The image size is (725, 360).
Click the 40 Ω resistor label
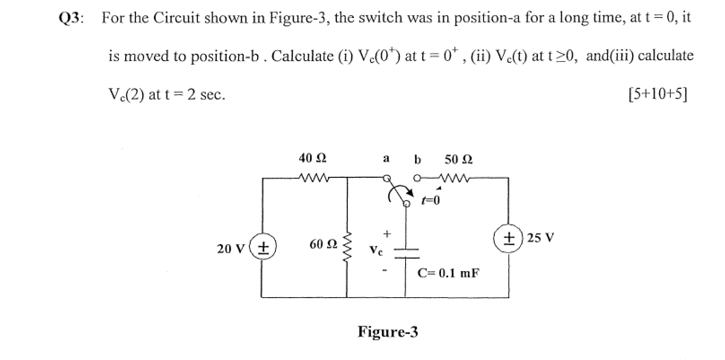point(312,158)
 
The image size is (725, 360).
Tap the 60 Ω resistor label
point(323,245)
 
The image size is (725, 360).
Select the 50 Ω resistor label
point(458,159)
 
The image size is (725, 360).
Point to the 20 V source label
point(231,248)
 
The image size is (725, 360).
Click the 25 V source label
point(541,237)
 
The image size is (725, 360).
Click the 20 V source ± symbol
point(263,247)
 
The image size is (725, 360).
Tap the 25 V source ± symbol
point(508,237)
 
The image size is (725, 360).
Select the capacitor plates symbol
point(406,253)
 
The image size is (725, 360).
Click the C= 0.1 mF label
point(448,273)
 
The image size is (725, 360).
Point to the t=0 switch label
point(431,200)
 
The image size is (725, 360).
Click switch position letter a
point(386,158)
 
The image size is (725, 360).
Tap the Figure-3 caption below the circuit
point(388,332)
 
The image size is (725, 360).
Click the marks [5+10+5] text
point(658,94)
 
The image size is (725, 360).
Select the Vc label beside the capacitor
point(376,250)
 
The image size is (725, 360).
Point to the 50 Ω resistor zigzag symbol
point(455,179)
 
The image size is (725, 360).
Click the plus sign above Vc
point(387,234)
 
